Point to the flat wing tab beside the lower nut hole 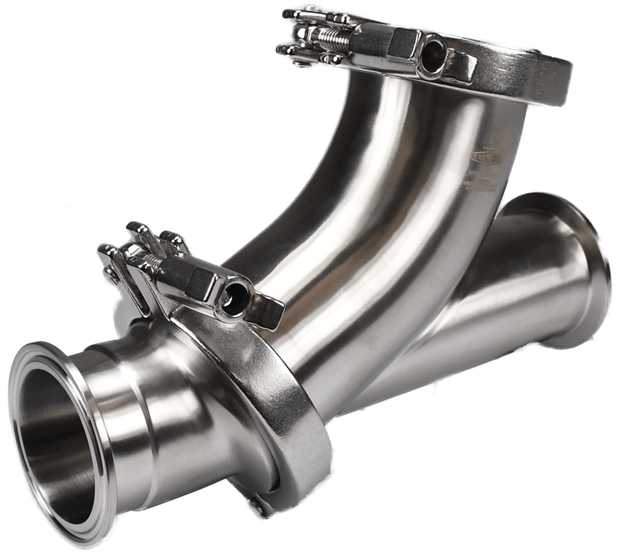[266, 308]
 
